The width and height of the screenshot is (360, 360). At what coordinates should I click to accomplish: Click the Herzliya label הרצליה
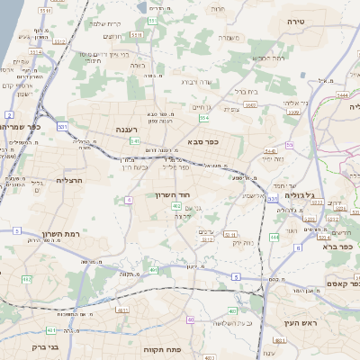(70, 179)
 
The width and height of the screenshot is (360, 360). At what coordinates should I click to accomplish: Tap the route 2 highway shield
(8, 114)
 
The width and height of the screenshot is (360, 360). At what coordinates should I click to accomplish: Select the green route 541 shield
(134, 141)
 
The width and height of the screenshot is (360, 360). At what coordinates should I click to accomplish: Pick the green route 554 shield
(204, 118)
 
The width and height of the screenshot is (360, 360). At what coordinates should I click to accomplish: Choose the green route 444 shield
(274, 238)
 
